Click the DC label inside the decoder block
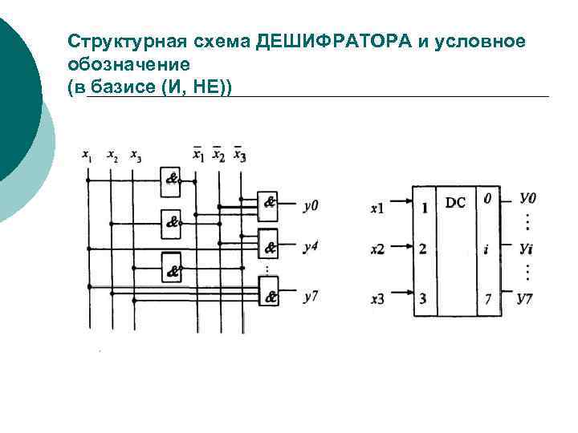coord(455,203)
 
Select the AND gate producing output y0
coord(269,206)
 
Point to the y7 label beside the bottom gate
coord(311,296)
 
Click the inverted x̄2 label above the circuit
coord(218,155)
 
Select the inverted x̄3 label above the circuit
coord(239,155)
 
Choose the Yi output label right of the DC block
coord(526,249)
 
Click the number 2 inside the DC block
coord(423,249)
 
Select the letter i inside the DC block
coord(486,249)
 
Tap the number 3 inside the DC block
coord(423,299)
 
